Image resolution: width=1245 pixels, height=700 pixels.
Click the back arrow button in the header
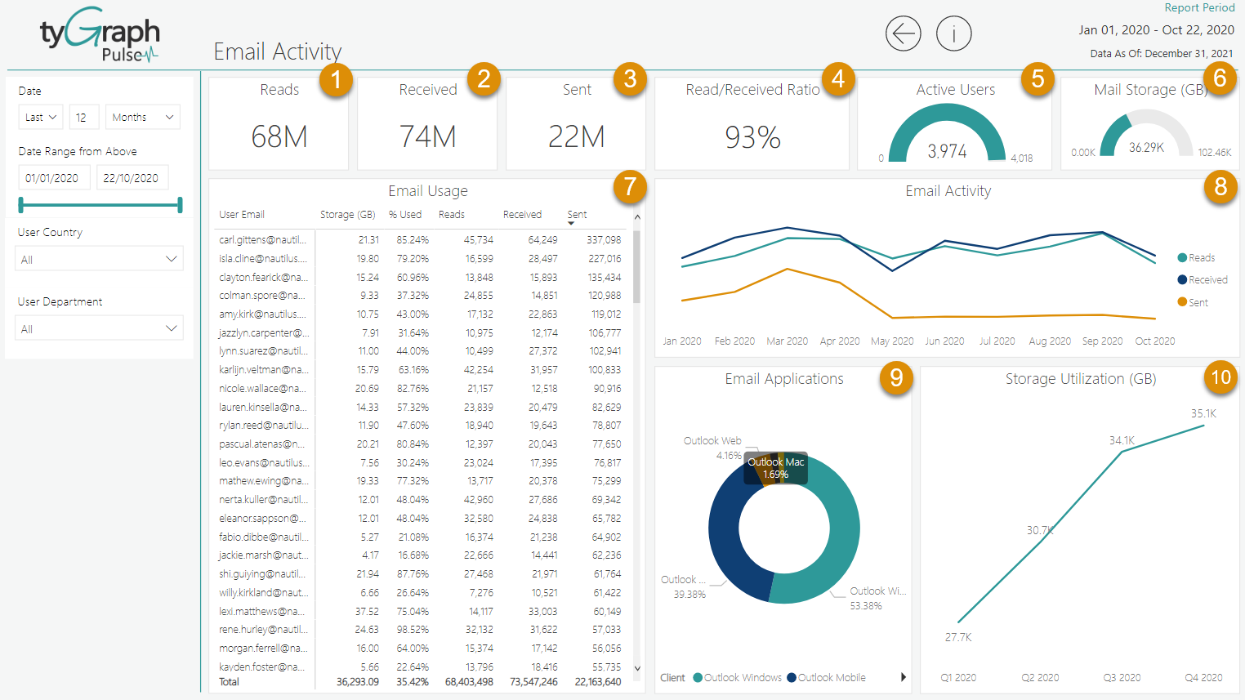[x=903, y=34]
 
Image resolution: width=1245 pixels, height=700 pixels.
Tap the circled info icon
[x=953, y=34]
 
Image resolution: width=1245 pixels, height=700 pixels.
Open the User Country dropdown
[x=99, y=259]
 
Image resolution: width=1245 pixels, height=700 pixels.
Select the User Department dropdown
[x=99, y=328]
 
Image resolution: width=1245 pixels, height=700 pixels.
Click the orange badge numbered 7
[x=630, y=186]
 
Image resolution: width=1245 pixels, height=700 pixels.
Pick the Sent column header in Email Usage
[x=577, y=215]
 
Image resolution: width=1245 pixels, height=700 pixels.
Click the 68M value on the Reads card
[x=279, y=136]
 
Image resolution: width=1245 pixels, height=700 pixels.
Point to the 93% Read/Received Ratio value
[x=752, y=137]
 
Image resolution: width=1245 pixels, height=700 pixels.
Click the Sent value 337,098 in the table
[x=604, y=240]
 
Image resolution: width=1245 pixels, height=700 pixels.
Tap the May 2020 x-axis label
[x=892, y=341]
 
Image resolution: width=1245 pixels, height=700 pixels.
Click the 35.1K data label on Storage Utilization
[x=1203, y=413]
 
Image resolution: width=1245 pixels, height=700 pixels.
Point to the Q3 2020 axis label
[x=1122, y=678]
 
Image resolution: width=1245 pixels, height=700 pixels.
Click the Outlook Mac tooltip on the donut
[x=775, y=468]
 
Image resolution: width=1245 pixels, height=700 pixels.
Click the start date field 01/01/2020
[x=52, y=178]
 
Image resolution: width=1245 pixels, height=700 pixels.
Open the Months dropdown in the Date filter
[x=143, y=118]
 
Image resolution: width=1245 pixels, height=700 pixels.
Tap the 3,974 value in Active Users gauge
[x=947, y=151]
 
